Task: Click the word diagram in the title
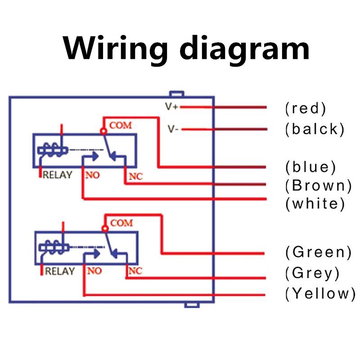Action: tap(243, 49)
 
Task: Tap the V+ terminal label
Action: tap(172, 107)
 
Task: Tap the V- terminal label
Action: tap(173, 129)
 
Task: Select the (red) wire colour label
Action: tap(306, 108)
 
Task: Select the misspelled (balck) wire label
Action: tap(315, 129)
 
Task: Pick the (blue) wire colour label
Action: tap(310, 167)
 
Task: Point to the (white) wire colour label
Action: tap(315, 203)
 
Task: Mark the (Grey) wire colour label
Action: tap(312, 273)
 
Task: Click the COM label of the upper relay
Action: tap(121, 125)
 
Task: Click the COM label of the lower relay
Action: tap(121, 223)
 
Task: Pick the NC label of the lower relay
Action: tap(135, 271)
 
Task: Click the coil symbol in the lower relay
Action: tap(53, 247)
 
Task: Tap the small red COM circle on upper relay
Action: tap(103, 131)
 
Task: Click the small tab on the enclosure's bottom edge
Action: tap(192, 305)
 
